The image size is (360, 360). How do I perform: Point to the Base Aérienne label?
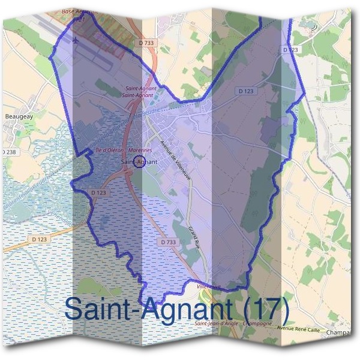tap(75, 11)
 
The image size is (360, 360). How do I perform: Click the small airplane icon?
tap(76, 40)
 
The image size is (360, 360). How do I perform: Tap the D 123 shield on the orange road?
tap(38, 239)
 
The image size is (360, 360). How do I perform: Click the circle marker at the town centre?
tap(137, 161)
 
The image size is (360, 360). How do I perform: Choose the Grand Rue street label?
tap(193, 238)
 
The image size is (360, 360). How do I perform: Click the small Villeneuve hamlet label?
tap(209, 287)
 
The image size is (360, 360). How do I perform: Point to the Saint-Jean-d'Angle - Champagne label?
tap(233, 324)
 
